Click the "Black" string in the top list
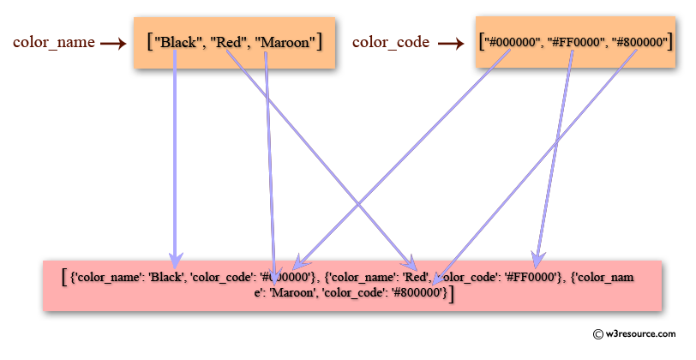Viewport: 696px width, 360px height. tap(177, 40)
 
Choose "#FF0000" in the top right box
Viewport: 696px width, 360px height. tap(568, 40)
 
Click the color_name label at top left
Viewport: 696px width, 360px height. tap(53, 41)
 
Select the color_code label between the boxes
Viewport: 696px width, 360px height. tap(392, 41)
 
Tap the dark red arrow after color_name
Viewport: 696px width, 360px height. tap(113, 41)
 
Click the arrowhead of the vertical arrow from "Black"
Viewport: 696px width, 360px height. tap(175, 259)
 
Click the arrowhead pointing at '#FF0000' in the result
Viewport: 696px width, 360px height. tap(537, 258)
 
